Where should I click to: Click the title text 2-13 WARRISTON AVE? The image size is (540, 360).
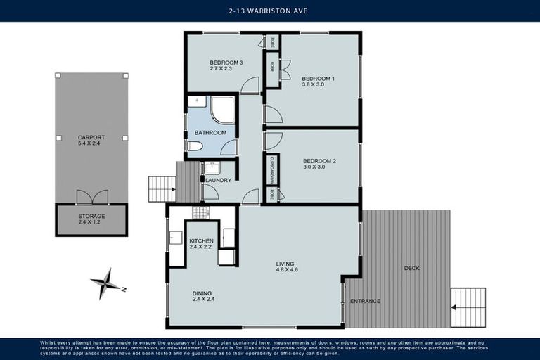click(x=270, y=11)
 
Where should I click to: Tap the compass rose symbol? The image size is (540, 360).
click(x=107, y=283)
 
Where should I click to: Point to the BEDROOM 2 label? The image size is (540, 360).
click(x=319, y=161)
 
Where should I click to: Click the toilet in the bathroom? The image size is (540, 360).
click(x=195, y=146)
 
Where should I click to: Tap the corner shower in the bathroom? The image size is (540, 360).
click(x=224, y=109)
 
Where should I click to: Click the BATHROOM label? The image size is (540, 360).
click(x=211, y=132)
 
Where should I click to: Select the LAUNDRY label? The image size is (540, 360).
click(x=219, y=180)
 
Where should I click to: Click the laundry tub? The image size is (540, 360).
click(x=212, y=168)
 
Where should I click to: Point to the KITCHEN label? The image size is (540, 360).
click(x=201, y=241)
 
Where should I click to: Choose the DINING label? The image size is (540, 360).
click(x=202, y=293)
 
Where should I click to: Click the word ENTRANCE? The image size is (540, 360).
click(x=366, y=301)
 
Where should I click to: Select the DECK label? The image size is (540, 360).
click(x=413, y=268)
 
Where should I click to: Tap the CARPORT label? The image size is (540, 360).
click(x=91, y=137)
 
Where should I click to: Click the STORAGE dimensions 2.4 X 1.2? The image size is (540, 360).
click(x=91, y=222)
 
